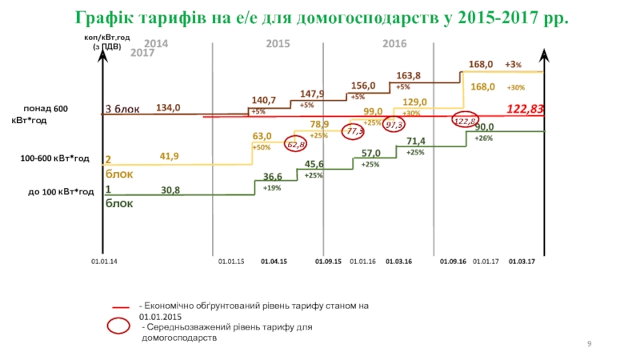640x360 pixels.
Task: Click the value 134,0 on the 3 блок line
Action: coord(168,107)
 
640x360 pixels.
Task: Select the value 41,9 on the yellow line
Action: coord(169,157)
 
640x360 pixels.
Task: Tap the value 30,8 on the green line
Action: coord(170,190)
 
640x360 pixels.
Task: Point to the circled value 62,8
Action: coord(296,145)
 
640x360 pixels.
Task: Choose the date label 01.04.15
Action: coord(274,262)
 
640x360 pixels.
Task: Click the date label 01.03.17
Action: coord(522,262)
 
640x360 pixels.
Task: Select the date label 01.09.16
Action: coord(453,262)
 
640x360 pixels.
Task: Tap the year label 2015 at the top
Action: coord(278,43)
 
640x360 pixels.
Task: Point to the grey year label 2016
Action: coord(395,43)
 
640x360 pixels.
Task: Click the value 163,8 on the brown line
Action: coord(409,76)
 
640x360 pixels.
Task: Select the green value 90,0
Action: coord(485,127)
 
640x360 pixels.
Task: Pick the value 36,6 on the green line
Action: coord(273,177)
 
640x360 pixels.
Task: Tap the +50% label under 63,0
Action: coord(261,148)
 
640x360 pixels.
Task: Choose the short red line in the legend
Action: coord(121,307)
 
